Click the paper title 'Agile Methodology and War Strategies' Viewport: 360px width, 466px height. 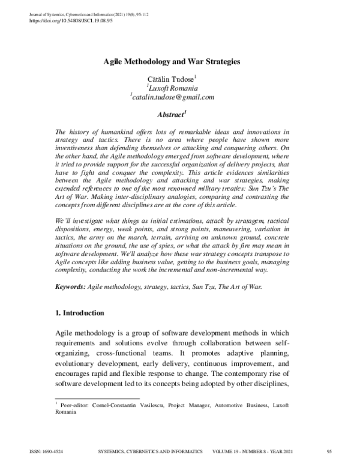point(173,61)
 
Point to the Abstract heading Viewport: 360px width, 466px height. point(173,113)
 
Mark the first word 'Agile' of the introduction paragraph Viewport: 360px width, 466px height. point(64,334)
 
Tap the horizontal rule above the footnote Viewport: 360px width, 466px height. point(83,399)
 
